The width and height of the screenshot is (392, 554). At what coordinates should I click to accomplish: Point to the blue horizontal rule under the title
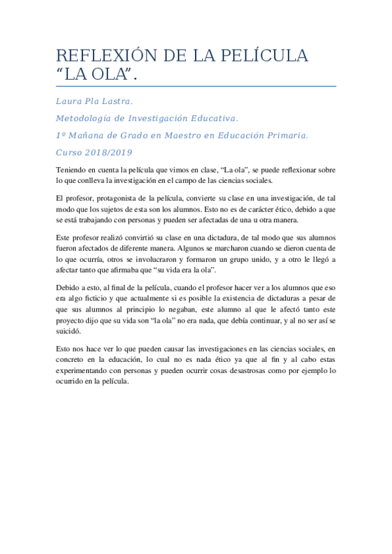click(196, 86)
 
